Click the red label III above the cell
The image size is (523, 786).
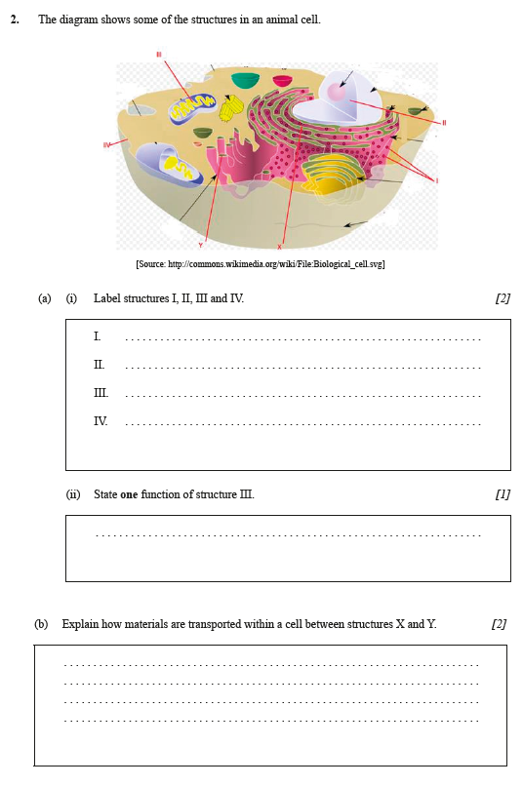(x=158, y=55)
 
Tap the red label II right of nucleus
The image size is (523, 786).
(x=443, y=123)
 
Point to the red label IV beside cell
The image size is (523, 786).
(x=105, y=145)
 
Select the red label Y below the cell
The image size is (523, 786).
(x=201, y=245)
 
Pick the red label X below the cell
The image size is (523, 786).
(x=279, y=246)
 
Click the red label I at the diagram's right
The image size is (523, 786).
(x=436, y=180)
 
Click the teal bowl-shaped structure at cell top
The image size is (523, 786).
(x=245, y=80)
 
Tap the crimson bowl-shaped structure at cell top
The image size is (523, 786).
(x=282, y=80)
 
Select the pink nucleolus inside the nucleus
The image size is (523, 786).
(x=336, y=92)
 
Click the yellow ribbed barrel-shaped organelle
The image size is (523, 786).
(x=231, y=109)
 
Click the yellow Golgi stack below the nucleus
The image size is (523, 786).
(x=333, y=176)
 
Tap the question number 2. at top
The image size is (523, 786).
(x=15, y=20)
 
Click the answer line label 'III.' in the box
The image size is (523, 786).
(x=101, y=393)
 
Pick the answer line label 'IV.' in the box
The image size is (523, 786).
(x=101, y=421)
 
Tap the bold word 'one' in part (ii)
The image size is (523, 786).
(x=129, y=494)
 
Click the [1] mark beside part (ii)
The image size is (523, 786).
(x=503, y=494)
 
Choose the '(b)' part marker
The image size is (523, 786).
(x=41, y=624)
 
